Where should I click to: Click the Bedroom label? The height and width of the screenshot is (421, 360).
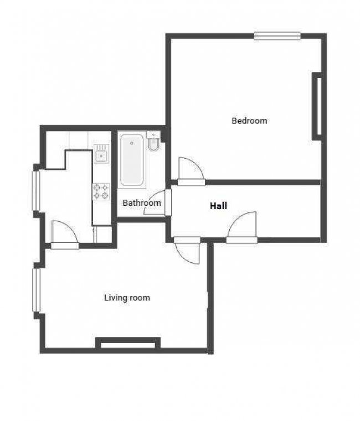coord(249,121)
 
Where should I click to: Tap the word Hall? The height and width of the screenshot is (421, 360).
coord(218,206)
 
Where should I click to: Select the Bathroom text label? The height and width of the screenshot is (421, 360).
coord(142,202)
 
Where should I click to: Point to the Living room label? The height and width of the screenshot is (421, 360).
coord(127,298)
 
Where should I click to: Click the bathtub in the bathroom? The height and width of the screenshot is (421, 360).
coord(132,160)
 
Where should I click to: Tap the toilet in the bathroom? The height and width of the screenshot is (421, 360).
coord(153,144)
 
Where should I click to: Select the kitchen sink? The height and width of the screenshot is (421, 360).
coord(101,153)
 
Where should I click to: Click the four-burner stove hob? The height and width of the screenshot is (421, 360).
coord(101,191)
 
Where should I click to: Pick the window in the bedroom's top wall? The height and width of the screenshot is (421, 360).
coord(277,36)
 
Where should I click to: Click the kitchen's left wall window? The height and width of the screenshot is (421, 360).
coord(36,190)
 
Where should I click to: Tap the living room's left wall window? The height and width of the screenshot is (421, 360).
coord(36,290)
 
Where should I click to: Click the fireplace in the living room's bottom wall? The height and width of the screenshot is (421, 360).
coord(128,344)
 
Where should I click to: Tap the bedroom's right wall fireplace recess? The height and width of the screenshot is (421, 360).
coord(317,106)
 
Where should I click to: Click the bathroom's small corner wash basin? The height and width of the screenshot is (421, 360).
coord(153,134)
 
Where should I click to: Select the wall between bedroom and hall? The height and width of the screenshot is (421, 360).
coord(263,183)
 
